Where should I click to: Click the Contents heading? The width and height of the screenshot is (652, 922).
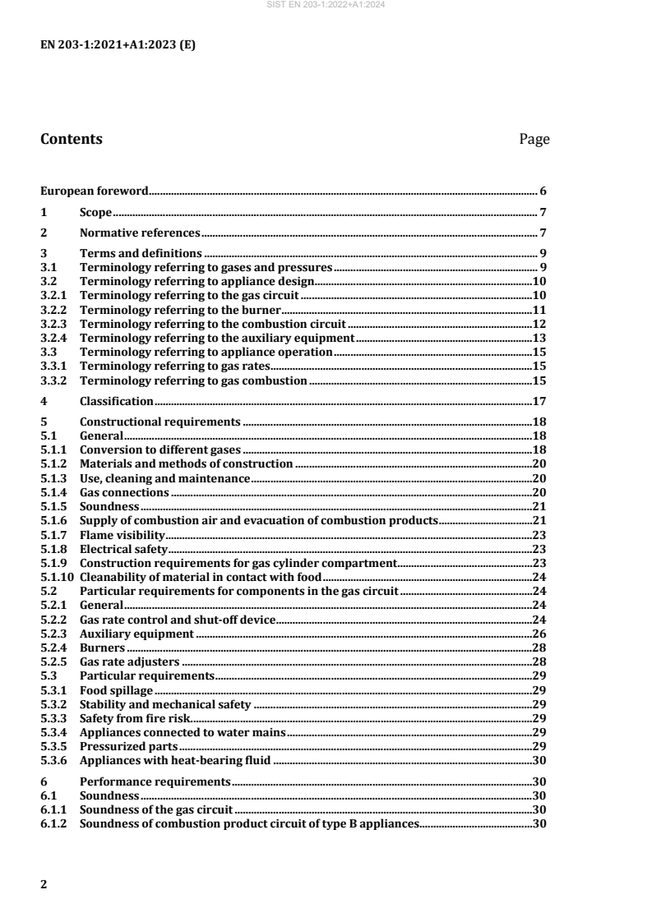tap(72, 139)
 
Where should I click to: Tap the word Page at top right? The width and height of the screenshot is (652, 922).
tap(534, 139)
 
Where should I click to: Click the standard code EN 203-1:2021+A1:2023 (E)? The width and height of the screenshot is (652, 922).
tap(118, 45)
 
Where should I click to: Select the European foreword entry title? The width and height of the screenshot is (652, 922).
tap(95, 191)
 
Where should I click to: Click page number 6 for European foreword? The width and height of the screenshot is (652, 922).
tap(543, 191)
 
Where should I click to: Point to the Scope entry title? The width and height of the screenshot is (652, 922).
tap(95, 212)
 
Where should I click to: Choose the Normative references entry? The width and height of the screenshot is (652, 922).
tap(140, 233)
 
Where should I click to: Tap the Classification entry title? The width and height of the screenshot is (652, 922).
tap(116, 401)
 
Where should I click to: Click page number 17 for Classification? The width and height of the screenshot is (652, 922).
tap(541, 401)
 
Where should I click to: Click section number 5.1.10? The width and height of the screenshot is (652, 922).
tap(58, 577)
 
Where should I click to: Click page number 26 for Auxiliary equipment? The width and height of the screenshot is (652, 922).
tap(541, 634)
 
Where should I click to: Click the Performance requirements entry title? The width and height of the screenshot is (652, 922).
tap(155, 781)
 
